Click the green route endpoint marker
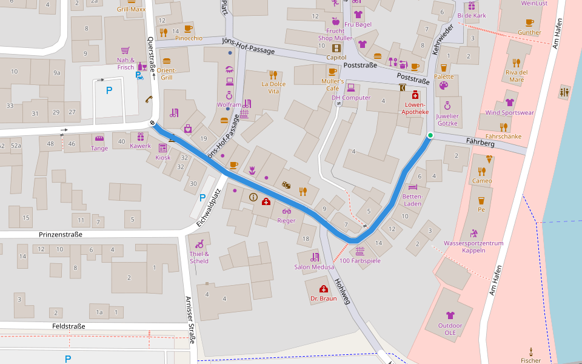[x=430, y=135]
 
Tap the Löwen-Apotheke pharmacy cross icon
[x=415, y=95]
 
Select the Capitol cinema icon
[x=336, y=48]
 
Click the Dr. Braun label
[x=323, y=298]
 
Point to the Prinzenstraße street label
[x=60, y=234]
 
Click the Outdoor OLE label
[x=450, y=329]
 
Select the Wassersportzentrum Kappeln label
[x=473, y=247]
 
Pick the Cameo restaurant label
[x=482, y=181]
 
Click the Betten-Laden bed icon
[x=413, y=187]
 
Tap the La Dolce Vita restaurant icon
[x=273, y=75]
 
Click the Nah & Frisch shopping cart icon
[x=125, y=51]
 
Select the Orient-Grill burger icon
[x=167, y=61]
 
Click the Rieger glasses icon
[x=286, y=211]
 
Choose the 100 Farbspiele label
[x=360, y=261]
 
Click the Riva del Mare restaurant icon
[x=516, y=62]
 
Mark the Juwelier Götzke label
[x=447, y=120]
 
